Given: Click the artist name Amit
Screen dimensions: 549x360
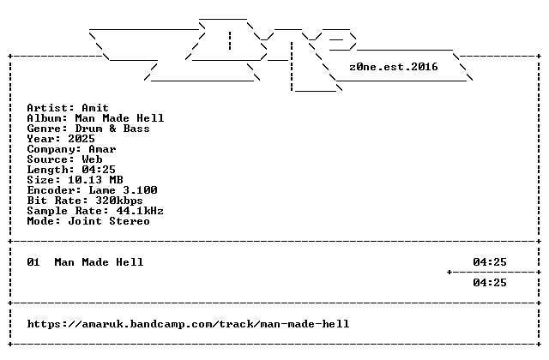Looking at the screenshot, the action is [95, 108].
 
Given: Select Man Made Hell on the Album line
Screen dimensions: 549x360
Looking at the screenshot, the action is [119, 118].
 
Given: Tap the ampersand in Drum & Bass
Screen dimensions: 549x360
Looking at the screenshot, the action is [112, 129].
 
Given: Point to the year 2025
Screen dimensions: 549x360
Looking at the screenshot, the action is [81, 139].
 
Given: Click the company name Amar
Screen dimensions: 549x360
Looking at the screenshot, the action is [102, 149].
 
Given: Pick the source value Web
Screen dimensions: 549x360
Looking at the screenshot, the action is [92, 159].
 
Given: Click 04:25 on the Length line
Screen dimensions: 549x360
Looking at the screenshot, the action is [99, 170].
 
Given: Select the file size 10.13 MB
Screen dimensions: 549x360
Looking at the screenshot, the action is [95, 180].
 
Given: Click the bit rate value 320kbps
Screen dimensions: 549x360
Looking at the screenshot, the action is [119, 201].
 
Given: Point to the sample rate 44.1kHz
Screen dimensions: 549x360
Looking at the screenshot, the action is [140, 211].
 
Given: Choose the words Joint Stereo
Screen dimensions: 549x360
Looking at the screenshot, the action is [109, 221].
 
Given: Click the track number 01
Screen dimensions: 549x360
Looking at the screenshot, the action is [33, 262].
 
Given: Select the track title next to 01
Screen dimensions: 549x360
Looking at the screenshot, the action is [99, 262].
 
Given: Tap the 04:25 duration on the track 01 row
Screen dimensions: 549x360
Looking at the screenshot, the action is [490, 262].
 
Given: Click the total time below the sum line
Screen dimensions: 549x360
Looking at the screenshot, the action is [490, 283].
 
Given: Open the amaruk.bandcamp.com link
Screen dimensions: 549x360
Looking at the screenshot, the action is [188, 324].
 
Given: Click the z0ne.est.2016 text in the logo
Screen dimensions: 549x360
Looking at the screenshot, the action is [394, 67].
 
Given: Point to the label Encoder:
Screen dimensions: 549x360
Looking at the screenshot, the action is [54, 190].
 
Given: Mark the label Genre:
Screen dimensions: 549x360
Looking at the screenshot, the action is [48, 129].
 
